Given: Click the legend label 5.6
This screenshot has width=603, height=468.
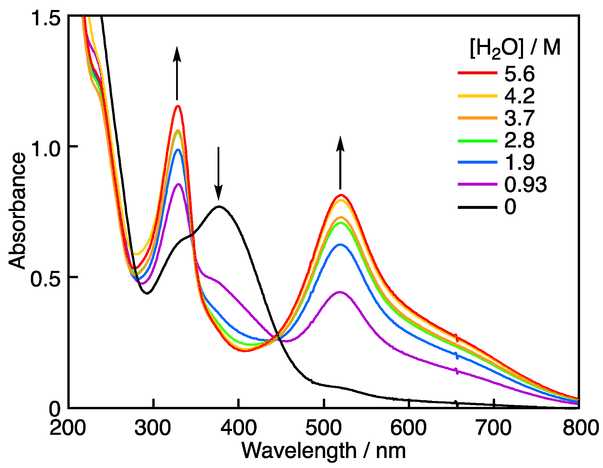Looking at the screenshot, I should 519,74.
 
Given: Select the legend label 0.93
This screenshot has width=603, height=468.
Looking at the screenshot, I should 525,185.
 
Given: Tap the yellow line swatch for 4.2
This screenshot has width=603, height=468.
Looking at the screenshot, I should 477,96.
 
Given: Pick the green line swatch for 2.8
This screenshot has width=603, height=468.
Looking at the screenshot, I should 477,141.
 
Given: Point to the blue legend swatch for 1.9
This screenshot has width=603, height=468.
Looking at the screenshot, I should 477,162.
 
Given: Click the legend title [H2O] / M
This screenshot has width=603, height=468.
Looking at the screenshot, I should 515,48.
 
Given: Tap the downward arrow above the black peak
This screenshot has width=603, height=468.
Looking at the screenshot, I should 218,173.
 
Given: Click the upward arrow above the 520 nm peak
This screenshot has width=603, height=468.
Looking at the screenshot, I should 340,163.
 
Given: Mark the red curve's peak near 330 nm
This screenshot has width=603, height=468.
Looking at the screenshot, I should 178,106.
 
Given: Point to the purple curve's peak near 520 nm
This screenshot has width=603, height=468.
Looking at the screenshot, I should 340,292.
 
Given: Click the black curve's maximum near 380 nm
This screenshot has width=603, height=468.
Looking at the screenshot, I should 219,207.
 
